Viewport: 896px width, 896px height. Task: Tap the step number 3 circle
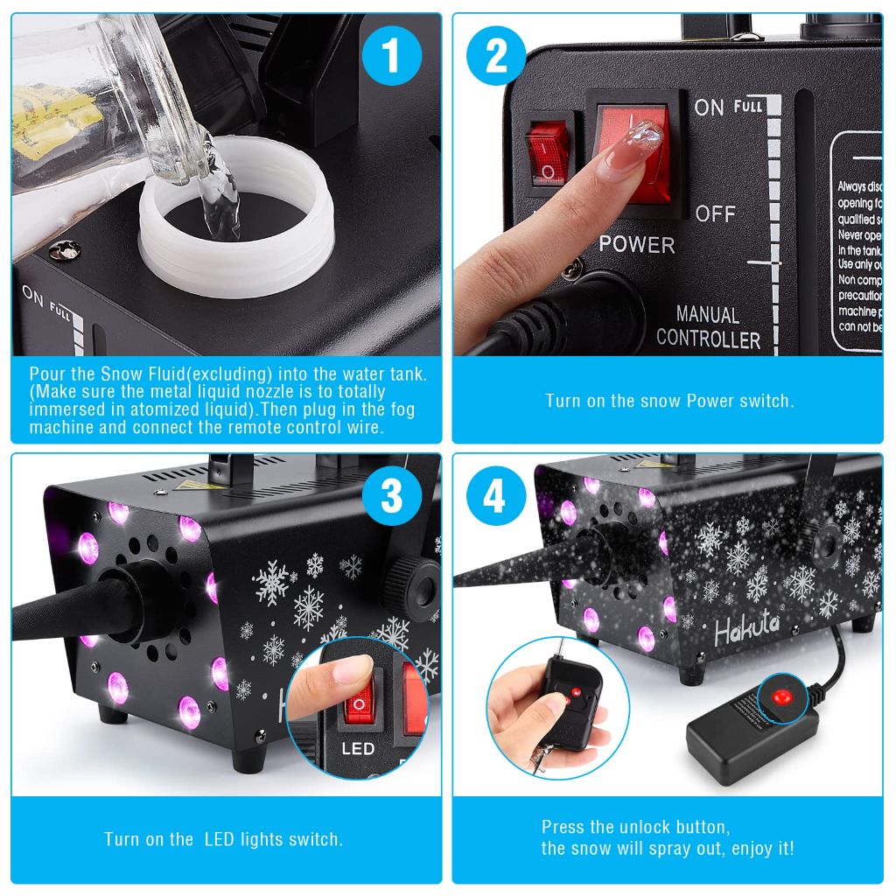tap(391, 496)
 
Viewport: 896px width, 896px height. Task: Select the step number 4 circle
tap(494, 496)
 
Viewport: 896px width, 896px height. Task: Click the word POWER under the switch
tap(636, 244)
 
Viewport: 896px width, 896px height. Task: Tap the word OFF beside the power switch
tap(715, 213)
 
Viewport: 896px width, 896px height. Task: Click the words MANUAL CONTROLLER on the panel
tap(708, 327)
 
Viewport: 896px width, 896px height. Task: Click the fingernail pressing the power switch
tap(646, 140)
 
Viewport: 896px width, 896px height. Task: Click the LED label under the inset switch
tap(357, 748)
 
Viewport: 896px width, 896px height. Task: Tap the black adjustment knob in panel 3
tap(416, 579)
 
